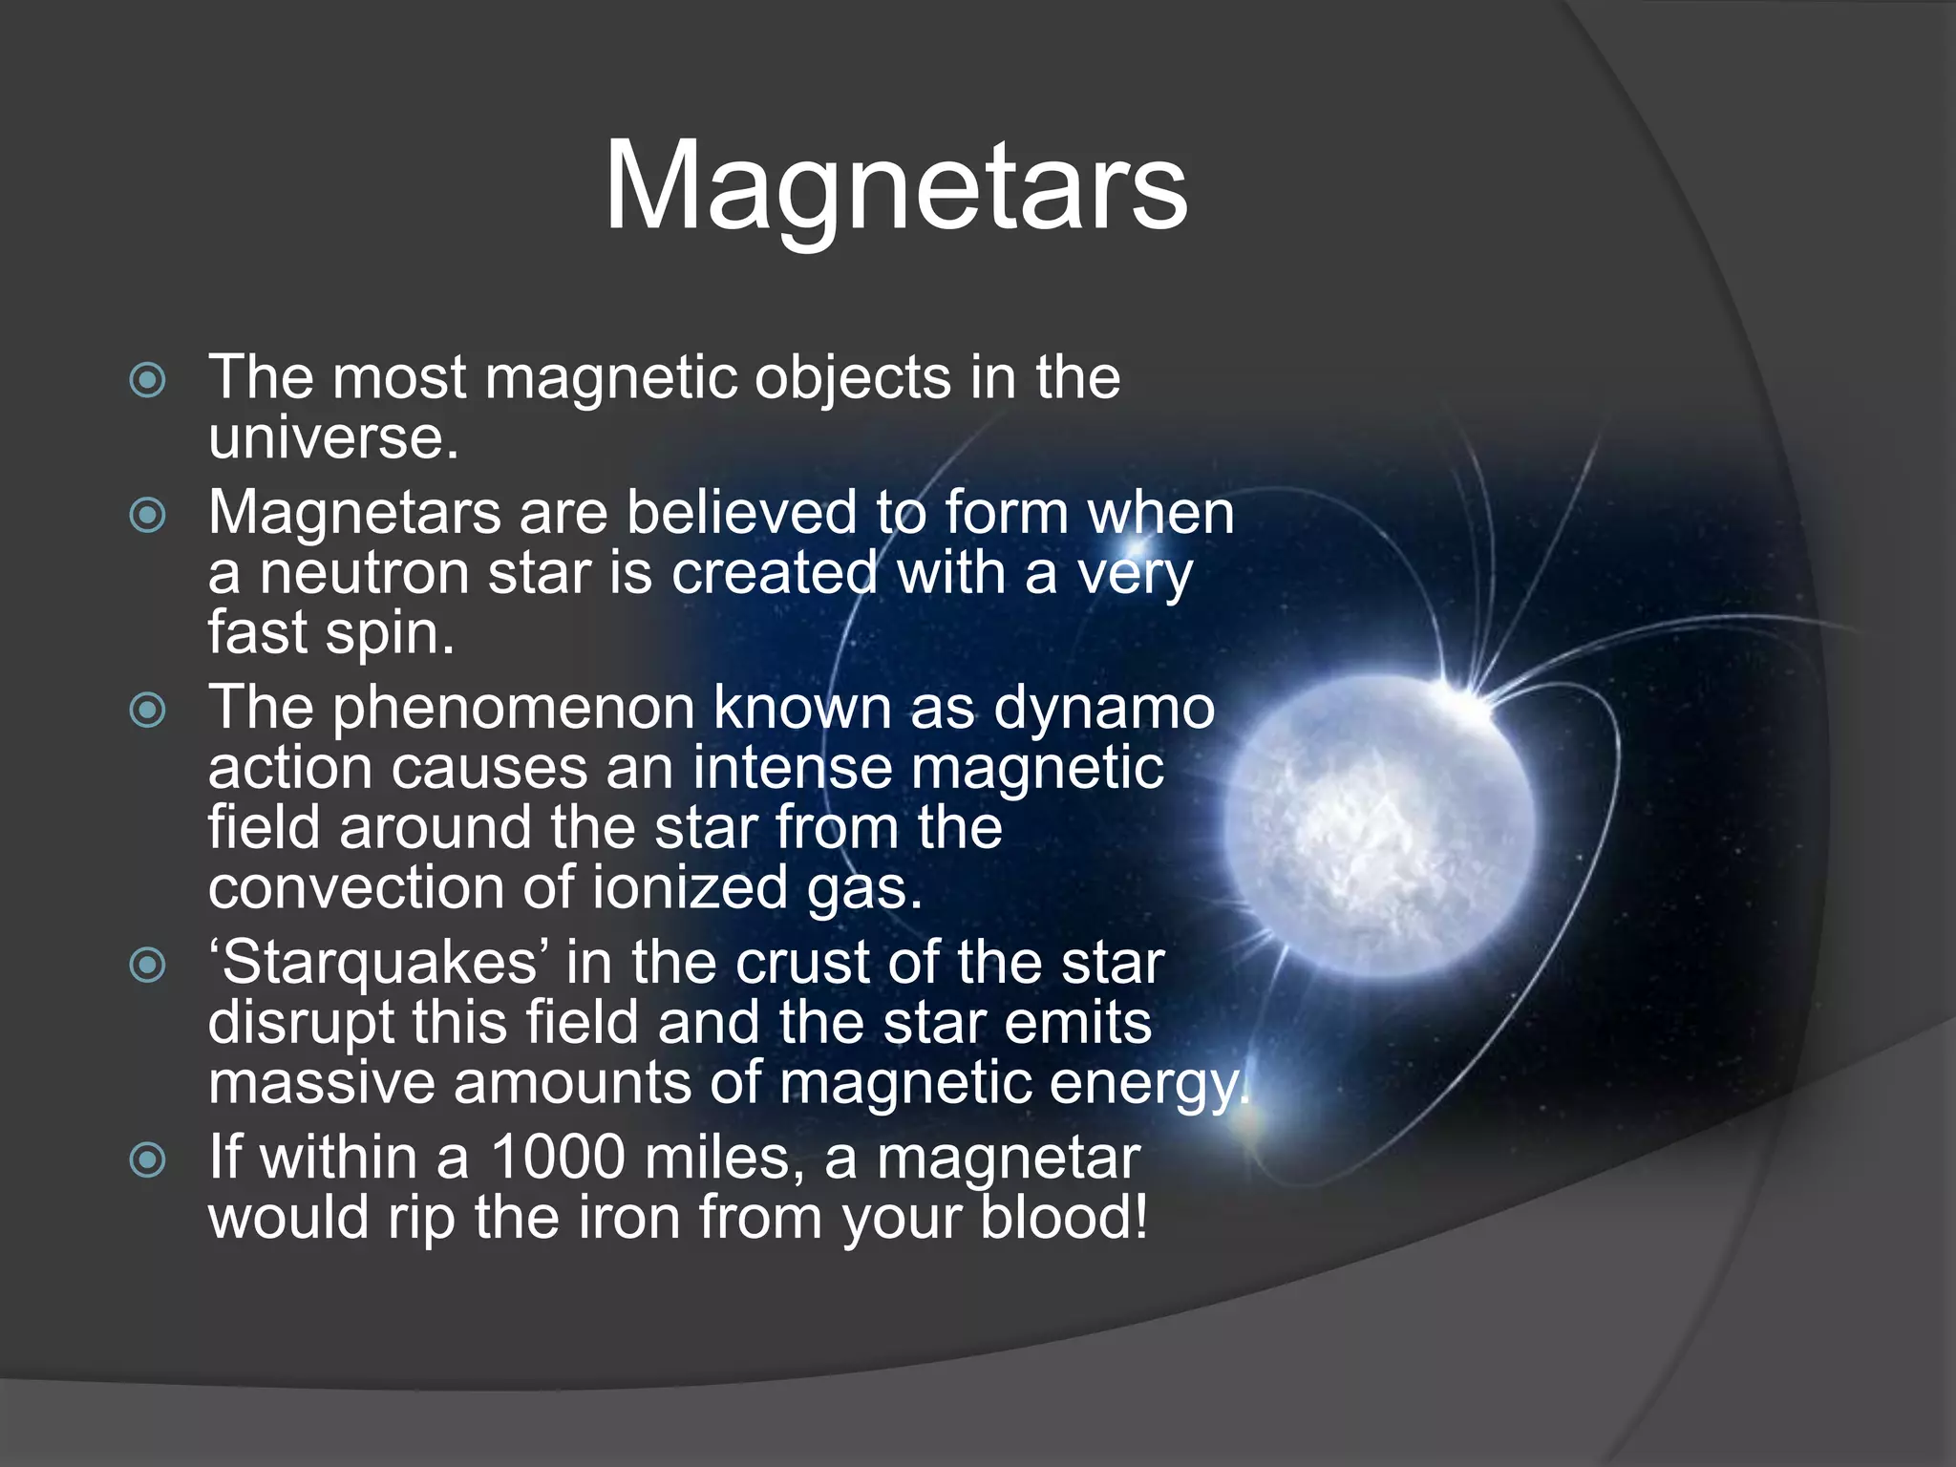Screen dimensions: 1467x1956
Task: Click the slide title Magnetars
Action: coord(896,186)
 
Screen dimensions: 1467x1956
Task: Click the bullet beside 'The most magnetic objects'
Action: coord(148,380)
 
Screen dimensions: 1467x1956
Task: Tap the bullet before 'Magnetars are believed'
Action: coord(148,516)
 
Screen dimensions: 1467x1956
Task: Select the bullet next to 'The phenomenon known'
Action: coord(148,711)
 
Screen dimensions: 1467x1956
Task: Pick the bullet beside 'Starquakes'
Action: coord(148,965)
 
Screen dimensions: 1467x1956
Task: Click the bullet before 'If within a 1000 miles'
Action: coord(148,1160)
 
